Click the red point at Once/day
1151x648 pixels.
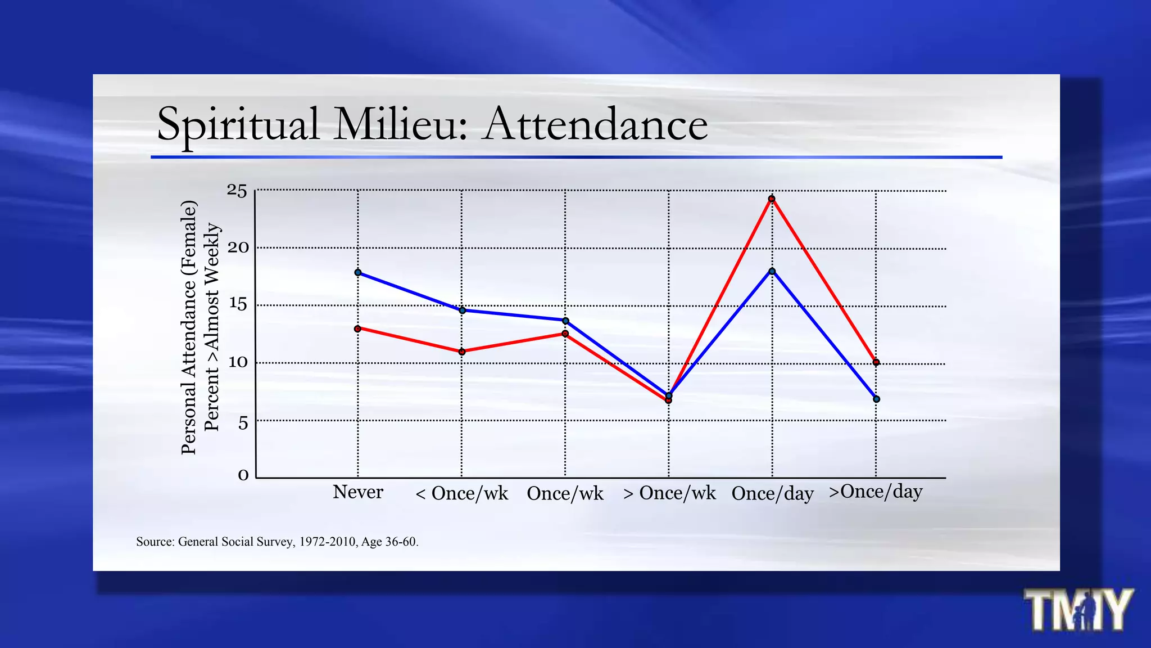pyautogui.click(x=772, y=199)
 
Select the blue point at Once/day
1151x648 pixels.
pyautogui.click(x=772, y=271)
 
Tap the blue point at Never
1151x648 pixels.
pyautogui.click(x=358, y=272)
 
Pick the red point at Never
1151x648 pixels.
pyautogui.click(x=358, y=328)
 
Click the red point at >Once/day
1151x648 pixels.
pyautogui.click(x=876, y=362)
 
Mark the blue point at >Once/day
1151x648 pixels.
pyautogui.click(x=876, y=399)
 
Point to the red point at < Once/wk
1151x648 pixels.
pyautogui.click(x=462, y=352)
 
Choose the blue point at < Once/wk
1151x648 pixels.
pyautogui.click(x=462, y=310)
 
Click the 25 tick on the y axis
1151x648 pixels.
pyautogui.click(x=237, y=191)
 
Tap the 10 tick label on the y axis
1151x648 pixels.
pyautogui.click(x=238, y=362)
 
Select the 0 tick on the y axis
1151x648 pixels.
pyautogui.click(x=243, y=476)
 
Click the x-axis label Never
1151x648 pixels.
pyautogui.click(x=358, y=492)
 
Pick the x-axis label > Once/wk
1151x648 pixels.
pyautogui.click(x=669, y=493)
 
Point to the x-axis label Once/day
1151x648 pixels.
pyautogui.click(x=772, y=494)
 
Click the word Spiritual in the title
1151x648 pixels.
pyautogui.click(x=238, y=124)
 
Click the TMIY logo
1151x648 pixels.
pyautogui.click(x=1078, y=610)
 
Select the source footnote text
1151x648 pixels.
pyautogui.click(x=277, y=542)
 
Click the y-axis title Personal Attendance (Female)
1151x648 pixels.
pyautogui.click(x=189, y=327)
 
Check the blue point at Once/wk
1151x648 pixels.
pyautogui.click(x=565, y=321)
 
